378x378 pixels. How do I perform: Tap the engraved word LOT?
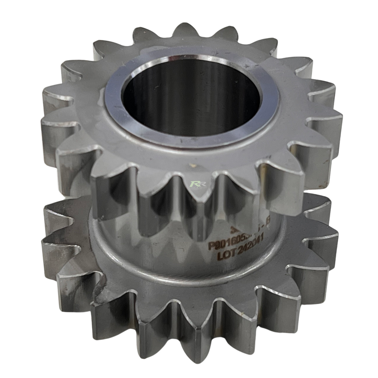pyautogui.click(x=226, y=256)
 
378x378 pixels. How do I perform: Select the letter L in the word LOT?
pyautogui.click(x=220, y=257)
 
